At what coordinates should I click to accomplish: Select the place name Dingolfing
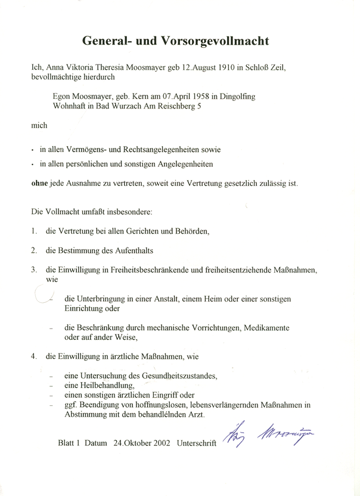[241, 95]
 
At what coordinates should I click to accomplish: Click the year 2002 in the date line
[158, 444]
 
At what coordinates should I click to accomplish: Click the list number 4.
[33, 356]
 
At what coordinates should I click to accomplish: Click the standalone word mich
[39, 125]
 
